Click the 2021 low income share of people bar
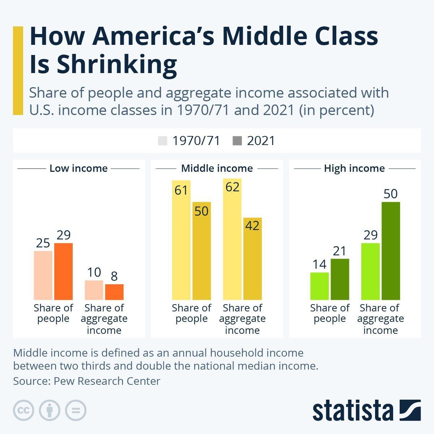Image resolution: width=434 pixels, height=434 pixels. [x=63, y=271]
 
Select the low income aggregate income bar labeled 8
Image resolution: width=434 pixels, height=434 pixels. [x=114, y=292]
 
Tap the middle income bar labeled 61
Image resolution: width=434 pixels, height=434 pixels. [x=181, y=246]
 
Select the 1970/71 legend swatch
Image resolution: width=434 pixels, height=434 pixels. [x=163, y=141]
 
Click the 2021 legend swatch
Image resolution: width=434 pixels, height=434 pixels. [x=237, y=141]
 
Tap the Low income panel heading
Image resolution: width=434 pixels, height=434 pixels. [x=78, y=169]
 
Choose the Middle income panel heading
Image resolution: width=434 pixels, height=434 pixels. [x=217, y=169]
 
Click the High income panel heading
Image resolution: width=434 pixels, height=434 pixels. [x=354, y=169]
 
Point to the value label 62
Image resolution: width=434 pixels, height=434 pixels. [x=232, y=187]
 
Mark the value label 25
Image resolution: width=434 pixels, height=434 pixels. [x=43, y=243]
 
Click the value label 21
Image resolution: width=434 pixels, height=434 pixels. [x=340, y=251]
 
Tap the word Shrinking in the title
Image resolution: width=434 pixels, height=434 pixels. [x=117, y=64]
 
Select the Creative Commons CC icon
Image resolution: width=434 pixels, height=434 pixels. [x=24, y=410]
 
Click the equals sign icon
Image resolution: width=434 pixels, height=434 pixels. [x=76, y=410]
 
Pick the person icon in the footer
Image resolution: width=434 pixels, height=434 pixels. [x=50, y=410]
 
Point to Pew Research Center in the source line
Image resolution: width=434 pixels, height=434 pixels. [x=107, y=381]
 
